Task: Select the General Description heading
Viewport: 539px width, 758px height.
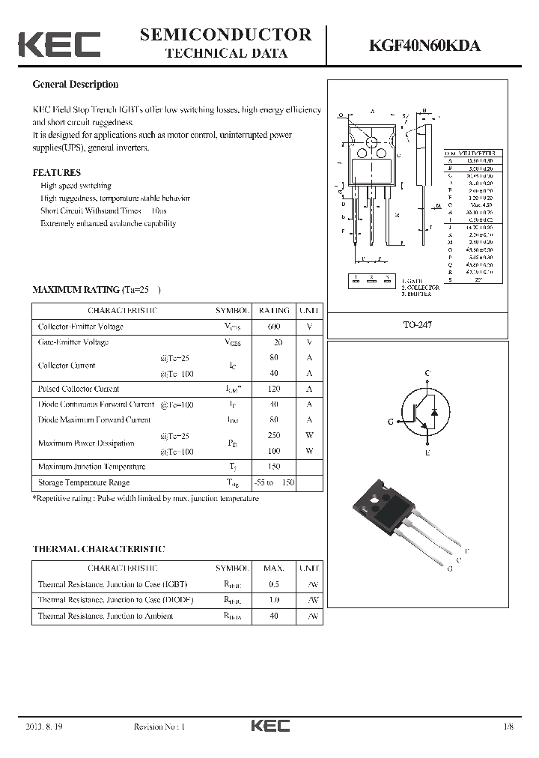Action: point(75,85)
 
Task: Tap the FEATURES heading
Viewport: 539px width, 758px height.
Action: point(56,172)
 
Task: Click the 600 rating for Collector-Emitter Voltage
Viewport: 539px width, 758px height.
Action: point(273,327)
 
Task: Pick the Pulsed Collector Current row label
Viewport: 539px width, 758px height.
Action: point(79,389)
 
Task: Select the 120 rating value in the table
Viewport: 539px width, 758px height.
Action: point(273,389)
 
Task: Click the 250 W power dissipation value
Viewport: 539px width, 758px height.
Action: point(273,435)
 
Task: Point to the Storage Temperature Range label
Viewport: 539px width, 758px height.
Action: point(84,482)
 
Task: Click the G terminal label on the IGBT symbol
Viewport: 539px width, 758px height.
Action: point(391,422)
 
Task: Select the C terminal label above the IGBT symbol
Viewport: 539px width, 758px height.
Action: point(427,373)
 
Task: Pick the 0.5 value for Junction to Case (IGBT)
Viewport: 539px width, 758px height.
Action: point(273,584)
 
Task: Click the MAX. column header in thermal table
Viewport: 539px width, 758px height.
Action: point(273,568)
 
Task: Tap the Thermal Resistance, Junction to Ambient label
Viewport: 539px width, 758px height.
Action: point(106,616)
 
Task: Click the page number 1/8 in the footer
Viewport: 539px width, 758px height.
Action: point(509,727)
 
